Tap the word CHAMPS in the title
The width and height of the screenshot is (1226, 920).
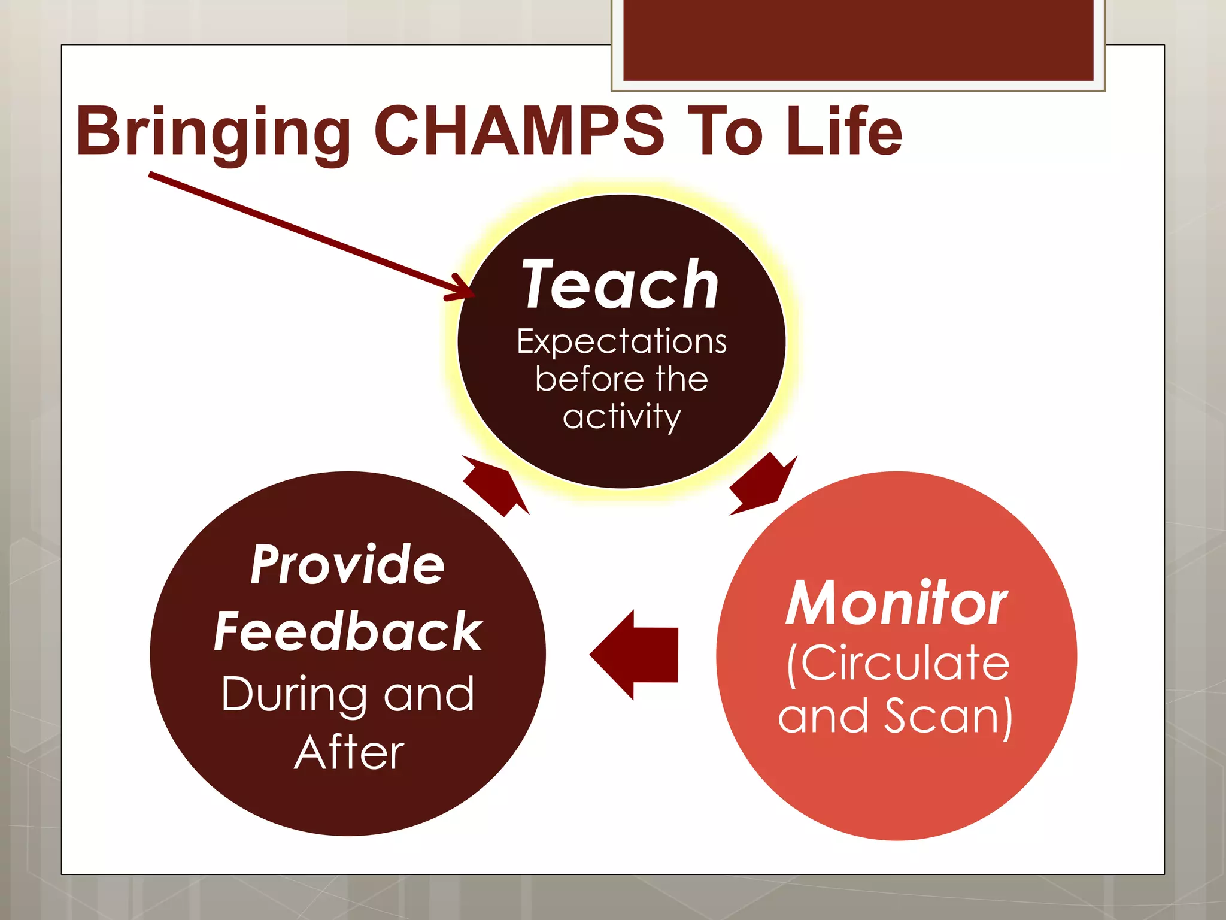(518, 132)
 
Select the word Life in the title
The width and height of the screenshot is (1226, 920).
(843, 132)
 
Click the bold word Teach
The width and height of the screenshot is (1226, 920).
(620, 285)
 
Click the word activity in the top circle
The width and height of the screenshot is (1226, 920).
(621, 417)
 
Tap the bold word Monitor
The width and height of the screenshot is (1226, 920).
(896, 604)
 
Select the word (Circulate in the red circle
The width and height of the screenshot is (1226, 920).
(897, 664)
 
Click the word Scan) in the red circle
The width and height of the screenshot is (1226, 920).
(948, 716)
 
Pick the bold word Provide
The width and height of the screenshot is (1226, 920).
(347, 565)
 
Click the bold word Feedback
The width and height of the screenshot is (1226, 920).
(348, 632)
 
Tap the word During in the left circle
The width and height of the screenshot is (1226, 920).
(293, 695)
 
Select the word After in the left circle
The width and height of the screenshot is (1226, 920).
(349, 753)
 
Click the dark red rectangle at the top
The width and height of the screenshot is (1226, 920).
(858, 40)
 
